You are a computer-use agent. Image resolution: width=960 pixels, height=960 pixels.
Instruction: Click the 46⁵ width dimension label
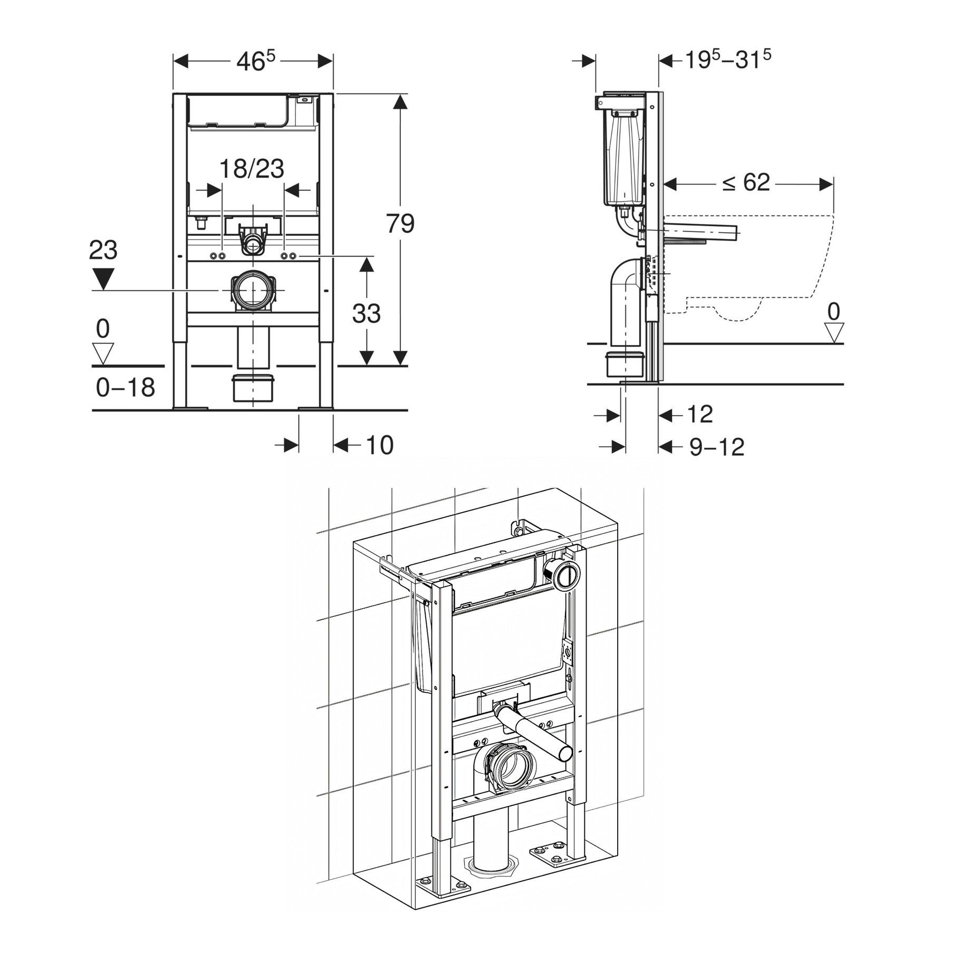click(x=255, y=61)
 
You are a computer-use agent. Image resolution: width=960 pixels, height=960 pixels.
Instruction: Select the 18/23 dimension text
click(x=252, y=169)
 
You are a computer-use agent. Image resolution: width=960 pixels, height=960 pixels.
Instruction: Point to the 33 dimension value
click(x=366, y=313)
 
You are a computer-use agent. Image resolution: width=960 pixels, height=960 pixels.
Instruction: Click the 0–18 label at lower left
click(x=126, y=388)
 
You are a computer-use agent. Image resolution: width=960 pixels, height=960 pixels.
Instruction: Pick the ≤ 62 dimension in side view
click(x=746, y=183)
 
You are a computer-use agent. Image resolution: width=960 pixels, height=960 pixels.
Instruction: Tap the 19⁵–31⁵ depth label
click(x=728, y=60)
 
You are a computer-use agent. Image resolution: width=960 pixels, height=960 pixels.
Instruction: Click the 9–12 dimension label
click(x=717, y=448)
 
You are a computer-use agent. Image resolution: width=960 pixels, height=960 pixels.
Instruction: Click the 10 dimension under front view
click(x=379, y=445)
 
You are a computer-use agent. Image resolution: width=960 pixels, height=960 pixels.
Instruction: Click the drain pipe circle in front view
click(x=252, y=290)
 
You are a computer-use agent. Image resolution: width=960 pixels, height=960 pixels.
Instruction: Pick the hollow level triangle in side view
click(x=833, y=332)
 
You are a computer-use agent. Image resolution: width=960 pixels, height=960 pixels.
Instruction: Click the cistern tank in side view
click(x=623, y=158)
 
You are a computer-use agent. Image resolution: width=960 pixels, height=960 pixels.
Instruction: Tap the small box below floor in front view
click(x=253, y=388)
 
